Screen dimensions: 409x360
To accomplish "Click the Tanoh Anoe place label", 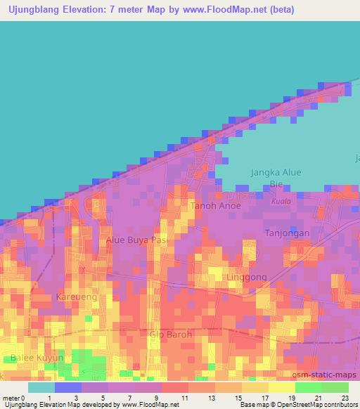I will click(x=215, y=206).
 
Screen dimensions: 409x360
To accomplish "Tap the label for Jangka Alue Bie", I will click(x=275, y=178).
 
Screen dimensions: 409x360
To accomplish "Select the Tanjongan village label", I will click(x=286, y=233).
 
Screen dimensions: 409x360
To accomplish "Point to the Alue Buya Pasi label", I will click(x=136, y=240).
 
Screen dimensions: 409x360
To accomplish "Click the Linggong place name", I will click(x=247, y=277).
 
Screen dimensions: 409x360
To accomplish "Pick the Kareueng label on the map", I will click(x=76, y=297).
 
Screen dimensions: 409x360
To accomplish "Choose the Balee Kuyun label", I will click(x=37, y=358).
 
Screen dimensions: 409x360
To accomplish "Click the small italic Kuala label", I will click(x=280, y=202).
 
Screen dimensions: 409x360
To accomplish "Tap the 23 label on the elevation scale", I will click(x=345, y=398).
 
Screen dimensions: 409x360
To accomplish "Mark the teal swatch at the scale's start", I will click(x=41, y=387).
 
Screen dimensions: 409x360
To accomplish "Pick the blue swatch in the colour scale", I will click(x=67, y=387).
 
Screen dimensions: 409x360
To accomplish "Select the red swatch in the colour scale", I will click(x=174, y=387).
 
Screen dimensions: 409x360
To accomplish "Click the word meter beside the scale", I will click(x=11, y=398).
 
